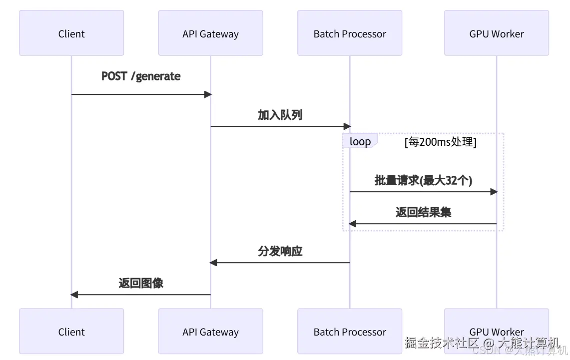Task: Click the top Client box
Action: (71, 33)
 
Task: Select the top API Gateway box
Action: (210, 33)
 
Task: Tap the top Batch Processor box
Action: (350, 33)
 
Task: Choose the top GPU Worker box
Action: (496, 33)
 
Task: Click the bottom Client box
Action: (71, 331)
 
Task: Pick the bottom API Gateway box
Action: (210, 331)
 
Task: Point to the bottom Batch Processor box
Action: (350, 331)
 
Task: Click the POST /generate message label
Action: (141, 76)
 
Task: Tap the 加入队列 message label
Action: (280, 115)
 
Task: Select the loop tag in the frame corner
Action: (360, 141)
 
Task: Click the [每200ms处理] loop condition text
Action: (440, 142)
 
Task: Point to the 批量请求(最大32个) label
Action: (423, 180)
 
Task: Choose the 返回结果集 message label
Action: (423, 212)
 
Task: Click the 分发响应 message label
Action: (280, 251)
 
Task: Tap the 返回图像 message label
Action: (141, 283)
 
